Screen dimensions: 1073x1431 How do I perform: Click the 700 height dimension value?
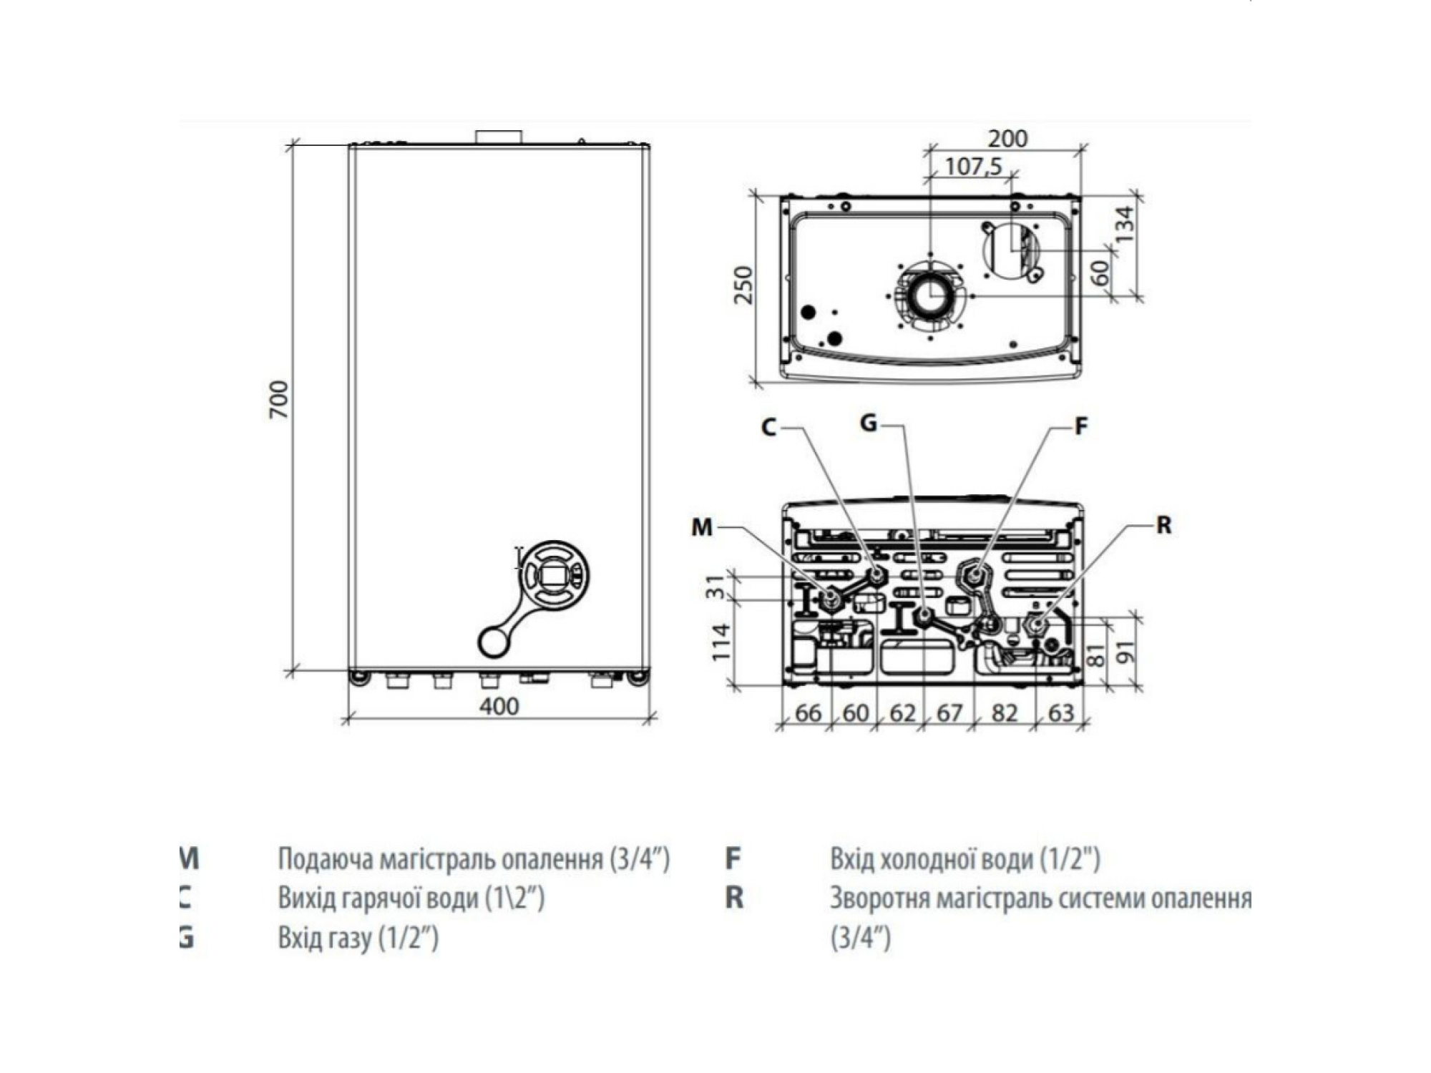[x=278, y=400]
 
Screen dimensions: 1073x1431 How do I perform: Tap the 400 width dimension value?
[x=499, y=706]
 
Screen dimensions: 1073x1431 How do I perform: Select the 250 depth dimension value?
[x=744, y=285]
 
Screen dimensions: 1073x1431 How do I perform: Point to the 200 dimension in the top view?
[x=1007, y=138]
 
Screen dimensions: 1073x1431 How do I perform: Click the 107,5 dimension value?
[x=973, y=167]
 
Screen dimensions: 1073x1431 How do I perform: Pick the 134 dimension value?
[x=1125, y=223]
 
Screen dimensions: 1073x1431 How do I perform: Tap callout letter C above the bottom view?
[x=768, y=428]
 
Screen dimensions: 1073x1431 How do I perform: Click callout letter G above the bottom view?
[x=868, y=423]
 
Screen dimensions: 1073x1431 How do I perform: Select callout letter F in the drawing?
[x=1081, y=426]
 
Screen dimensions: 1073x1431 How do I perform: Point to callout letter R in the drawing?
[x=1164, y=526]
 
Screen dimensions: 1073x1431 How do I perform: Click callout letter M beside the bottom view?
[x=702, y=528]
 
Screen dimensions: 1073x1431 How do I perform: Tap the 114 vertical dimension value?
[x=721, y=642]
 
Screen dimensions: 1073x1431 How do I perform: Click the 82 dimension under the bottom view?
[x=1004, y=713]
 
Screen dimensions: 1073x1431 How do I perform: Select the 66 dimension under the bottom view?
[x=808, y=713]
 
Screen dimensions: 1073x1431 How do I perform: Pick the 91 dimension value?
[x=1125, y=652]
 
